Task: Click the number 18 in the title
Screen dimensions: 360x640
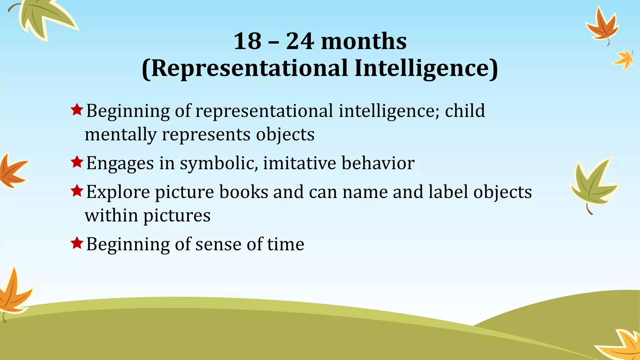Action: pyautogui.click(x=247, y=41)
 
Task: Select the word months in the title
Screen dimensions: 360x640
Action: pyautogui.click(x=364, y=41)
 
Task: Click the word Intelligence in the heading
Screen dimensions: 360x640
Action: pyautogui.click(x=426, y=68)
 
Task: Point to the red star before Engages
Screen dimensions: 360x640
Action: pyautogui.click(x=77, y=162)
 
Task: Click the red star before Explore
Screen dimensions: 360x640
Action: pyautogui.click(x=77, y=190)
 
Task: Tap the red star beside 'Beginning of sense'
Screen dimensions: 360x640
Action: pyautogui.click(x=77, y=243)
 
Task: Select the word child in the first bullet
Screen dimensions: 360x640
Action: pyautogui.click(x=465, y=111)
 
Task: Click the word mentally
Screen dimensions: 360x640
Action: pyautogui.click(x=121, y=135)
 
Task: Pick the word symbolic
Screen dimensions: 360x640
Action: pyautogui.click(x=218, y=163)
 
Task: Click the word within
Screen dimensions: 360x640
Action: pyautogui.click(x=111, y=215)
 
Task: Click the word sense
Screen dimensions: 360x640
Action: pyautogui.click(x=218, y=244)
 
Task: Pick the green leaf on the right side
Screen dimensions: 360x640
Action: pyautogui.click(x=593, y=184)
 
